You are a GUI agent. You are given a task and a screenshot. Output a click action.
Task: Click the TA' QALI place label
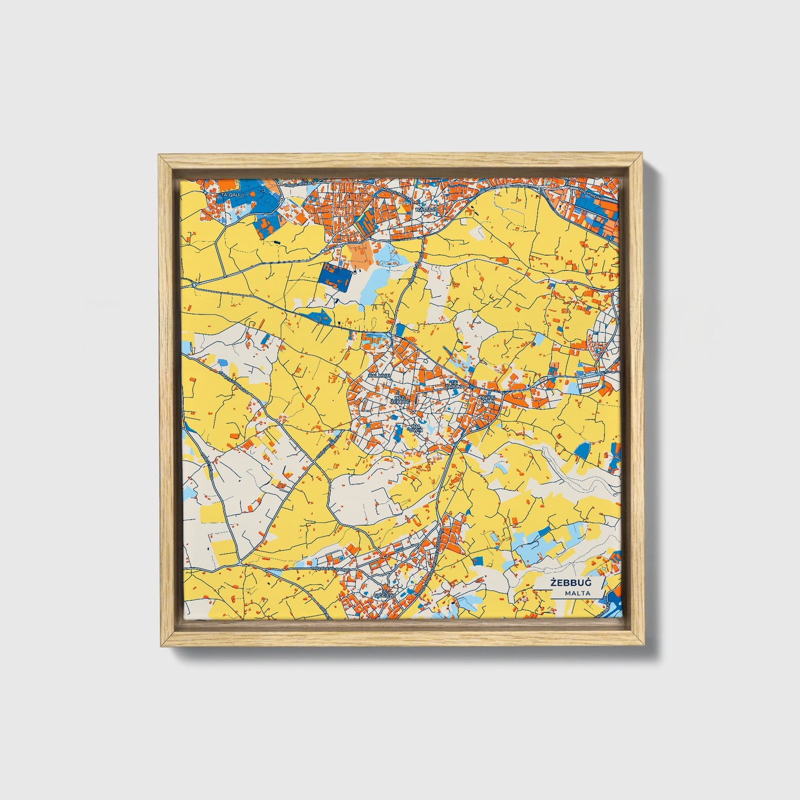[230, 195]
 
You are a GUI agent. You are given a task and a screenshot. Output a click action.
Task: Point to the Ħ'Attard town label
[426, 210]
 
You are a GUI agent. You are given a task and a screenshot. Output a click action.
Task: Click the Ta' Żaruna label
[456, 384]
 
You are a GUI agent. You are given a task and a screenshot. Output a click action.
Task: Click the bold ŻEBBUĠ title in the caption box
[570, 583]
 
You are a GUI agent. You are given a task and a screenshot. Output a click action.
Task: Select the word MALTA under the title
[577, 593]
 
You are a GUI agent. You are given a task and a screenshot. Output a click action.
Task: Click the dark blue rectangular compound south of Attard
[336, 277]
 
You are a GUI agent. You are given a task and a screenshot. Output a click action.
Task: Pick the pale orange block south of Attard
[361, 254]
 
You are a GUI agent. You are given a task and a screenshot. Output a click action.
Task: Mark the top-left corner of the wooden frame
[159, 155]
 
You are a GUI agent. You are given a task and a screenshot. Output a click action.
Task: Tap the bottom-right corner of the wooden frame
[644, 646]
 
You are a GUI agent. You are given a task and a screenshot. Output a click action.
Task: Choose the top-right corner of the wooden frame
[643, 155]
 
